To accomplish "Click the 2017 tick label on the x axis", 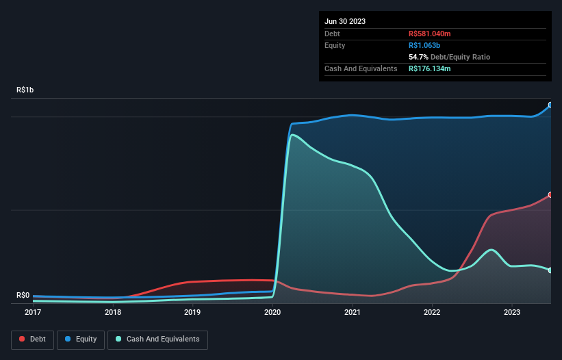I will click(x=33, y=313).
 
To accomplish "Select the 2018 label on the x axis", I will click(x=113, y=313).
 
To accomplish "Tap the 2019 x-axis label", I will click(x=192, y=313).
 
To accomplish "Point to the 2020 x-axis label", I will click(x=272, y=313).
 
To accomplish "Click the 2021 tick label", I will click(x=353, y=313).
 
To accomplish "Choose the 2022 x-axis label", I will click(x=432, y=313).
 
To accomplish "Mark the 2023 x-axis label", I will click(x=512, y=313).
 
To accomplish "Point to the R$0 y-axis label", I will click(x=23, y=295).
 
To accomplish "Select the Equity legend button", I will click(x=81, y=339).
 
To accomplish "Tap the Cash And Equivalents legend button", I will click(x=157, y=339).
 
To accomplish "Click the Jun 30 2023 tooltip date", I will click(x=345, y=21).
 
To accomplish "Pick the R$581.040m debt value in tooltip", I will click(x=430, y=34).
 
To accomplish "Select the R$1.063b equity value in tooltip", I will click(x=424, y=45).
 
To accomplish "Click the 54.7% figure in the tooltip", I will click(x=418, y=57).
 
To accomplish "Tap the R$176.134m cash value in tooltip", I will click(x=430, y=68).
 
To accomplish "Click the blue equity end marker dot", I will click(x=550, y=105).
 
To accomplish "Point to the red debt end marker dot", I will click(x=550, y=195).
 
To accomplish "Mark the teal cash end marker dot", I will click(x=550, y=270).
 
